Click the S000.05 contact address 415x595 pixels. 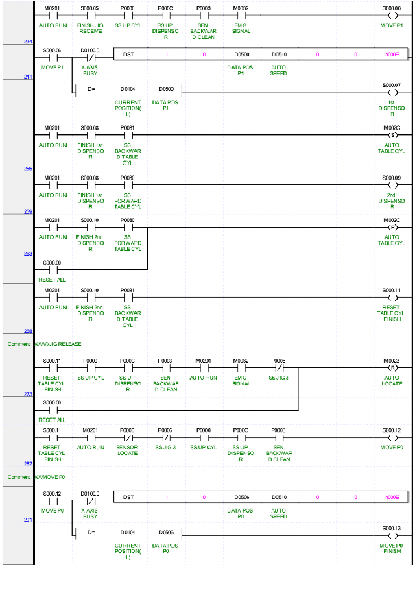[x=90, y=8]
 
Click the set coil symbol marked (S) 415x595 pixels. [x=392, y=134]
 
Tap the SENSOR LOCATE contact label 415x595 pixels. [x=128, y=450]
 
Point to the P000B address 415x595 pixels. [x=128, y=429]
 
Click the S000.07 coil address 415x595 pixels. [x=392, y=85]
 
